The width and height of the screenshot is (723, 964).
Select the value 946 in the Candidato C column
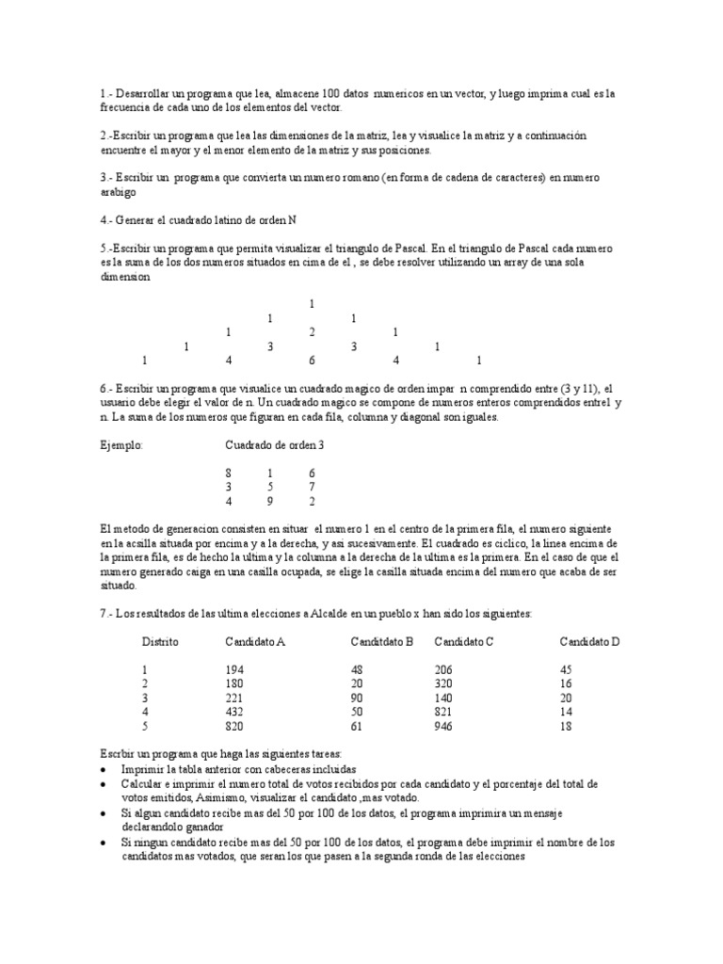[x=444, y=728]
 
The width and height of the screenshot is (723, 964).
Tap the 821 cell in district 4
[x=443, y=713]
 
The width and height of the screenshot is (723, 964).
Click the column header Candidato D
[x=589, y=641]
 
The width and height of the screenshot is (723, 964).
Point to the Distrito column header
[x=160, y=641]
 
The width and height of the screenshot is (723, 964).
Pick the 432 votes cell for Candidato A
[x=234, y=713]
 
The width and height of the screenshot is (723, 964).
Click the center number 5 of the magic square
[x=270, y=487]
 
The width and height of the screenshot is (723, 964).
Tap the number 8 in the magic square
[x=229, y=472]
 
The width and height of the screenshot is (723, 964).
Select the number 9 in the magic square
[x=270, y=502]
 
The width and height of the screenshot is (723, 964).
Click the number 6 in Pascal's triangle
[x=312, y=360]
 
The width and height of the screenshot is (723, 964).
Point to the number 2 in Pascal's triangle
[x=312, y=332]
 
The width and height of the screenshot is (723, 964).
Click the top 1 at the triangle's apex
[x=312, y=304]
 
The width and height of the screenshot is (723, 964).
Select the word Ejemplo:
[x=120, y=445]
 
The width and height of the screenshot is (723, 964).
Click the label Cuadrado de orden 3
[x=274, y=445]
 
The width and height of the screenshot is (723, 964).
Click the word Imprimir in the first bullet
[x=142, y=769]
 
